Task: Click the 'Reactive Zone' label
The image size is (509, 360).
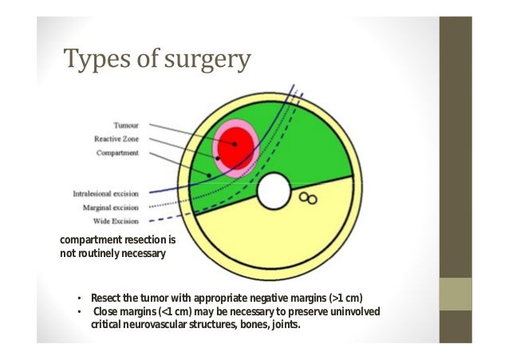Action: (x=120, y=138)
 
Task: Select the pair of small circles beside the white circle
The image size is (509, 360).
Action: (x=308, y=197)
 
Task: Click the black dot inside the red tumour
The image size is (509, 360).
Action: (x=235, y=144)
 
